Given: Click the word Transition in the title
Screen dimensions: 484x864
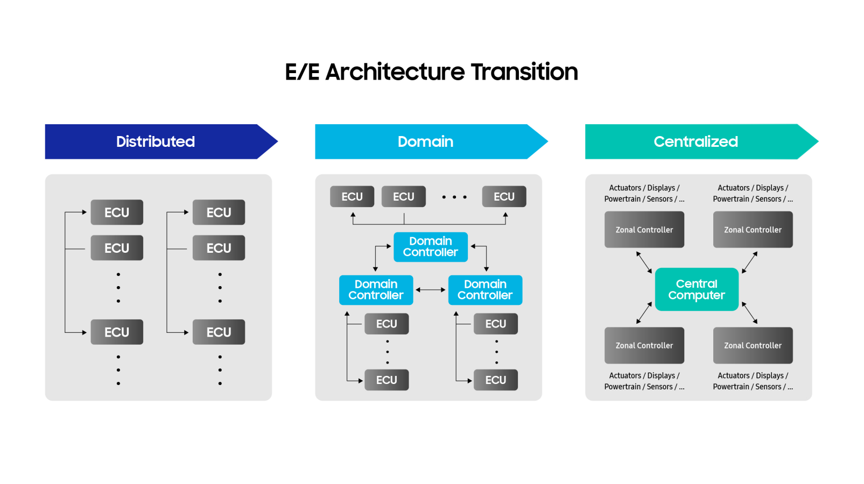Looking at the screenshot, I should click(524, 72).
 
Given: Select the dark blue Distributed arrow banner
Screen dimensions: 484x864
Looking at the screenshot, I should click(156, 141).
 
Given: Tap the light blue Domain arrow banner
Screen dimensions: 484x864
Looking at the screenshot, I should click(425, 141).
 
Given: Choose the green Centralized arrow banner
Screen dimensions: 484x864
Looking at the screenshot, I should click(696, 141).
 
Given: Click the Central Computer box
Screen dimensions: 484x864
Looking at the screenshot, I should click(697, 289).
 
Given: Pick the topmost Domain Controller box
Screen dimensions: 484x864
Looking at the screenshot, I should click(430, 247).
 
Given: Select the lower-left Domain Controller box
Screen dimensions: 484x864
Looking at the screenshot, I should click(376, 290).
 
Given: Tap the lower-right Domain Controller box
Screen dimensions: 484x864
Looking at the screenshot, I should click(485, 290).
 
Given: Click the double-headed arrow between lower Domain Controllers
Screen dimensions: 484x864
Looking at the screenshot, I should click(431, 290).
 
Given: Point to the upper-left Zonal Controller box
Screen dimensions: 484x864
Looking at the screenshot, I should click(644, 230).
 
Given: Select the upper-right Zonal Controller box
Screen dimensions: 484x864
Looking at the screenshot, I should click(753, 230).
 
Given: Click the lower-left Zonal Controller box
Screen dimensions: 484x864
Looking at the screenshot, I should click(644, 345).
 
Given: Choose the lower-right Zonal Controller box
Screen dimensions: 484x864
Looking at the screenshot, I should click(753, 345).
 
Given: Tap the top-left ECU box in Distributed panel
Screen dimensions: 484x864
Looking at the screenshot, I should click(117, 212).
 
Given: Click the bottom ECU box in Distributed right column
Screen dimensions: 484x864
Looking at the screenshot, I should click(219, 332).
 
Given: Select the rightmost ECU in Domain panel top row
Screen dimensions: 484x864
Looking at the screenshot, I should click(504, 197).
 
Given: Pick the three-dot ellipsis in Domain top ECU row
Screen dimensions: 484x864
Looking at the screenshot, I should click(454, 197).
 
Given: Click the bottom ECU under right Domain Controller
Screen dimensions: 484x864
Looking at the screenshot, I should click(495, 380).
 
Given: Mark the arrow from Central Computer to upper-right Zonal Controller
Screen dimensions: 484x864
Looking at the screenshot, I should click(750, 262).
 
